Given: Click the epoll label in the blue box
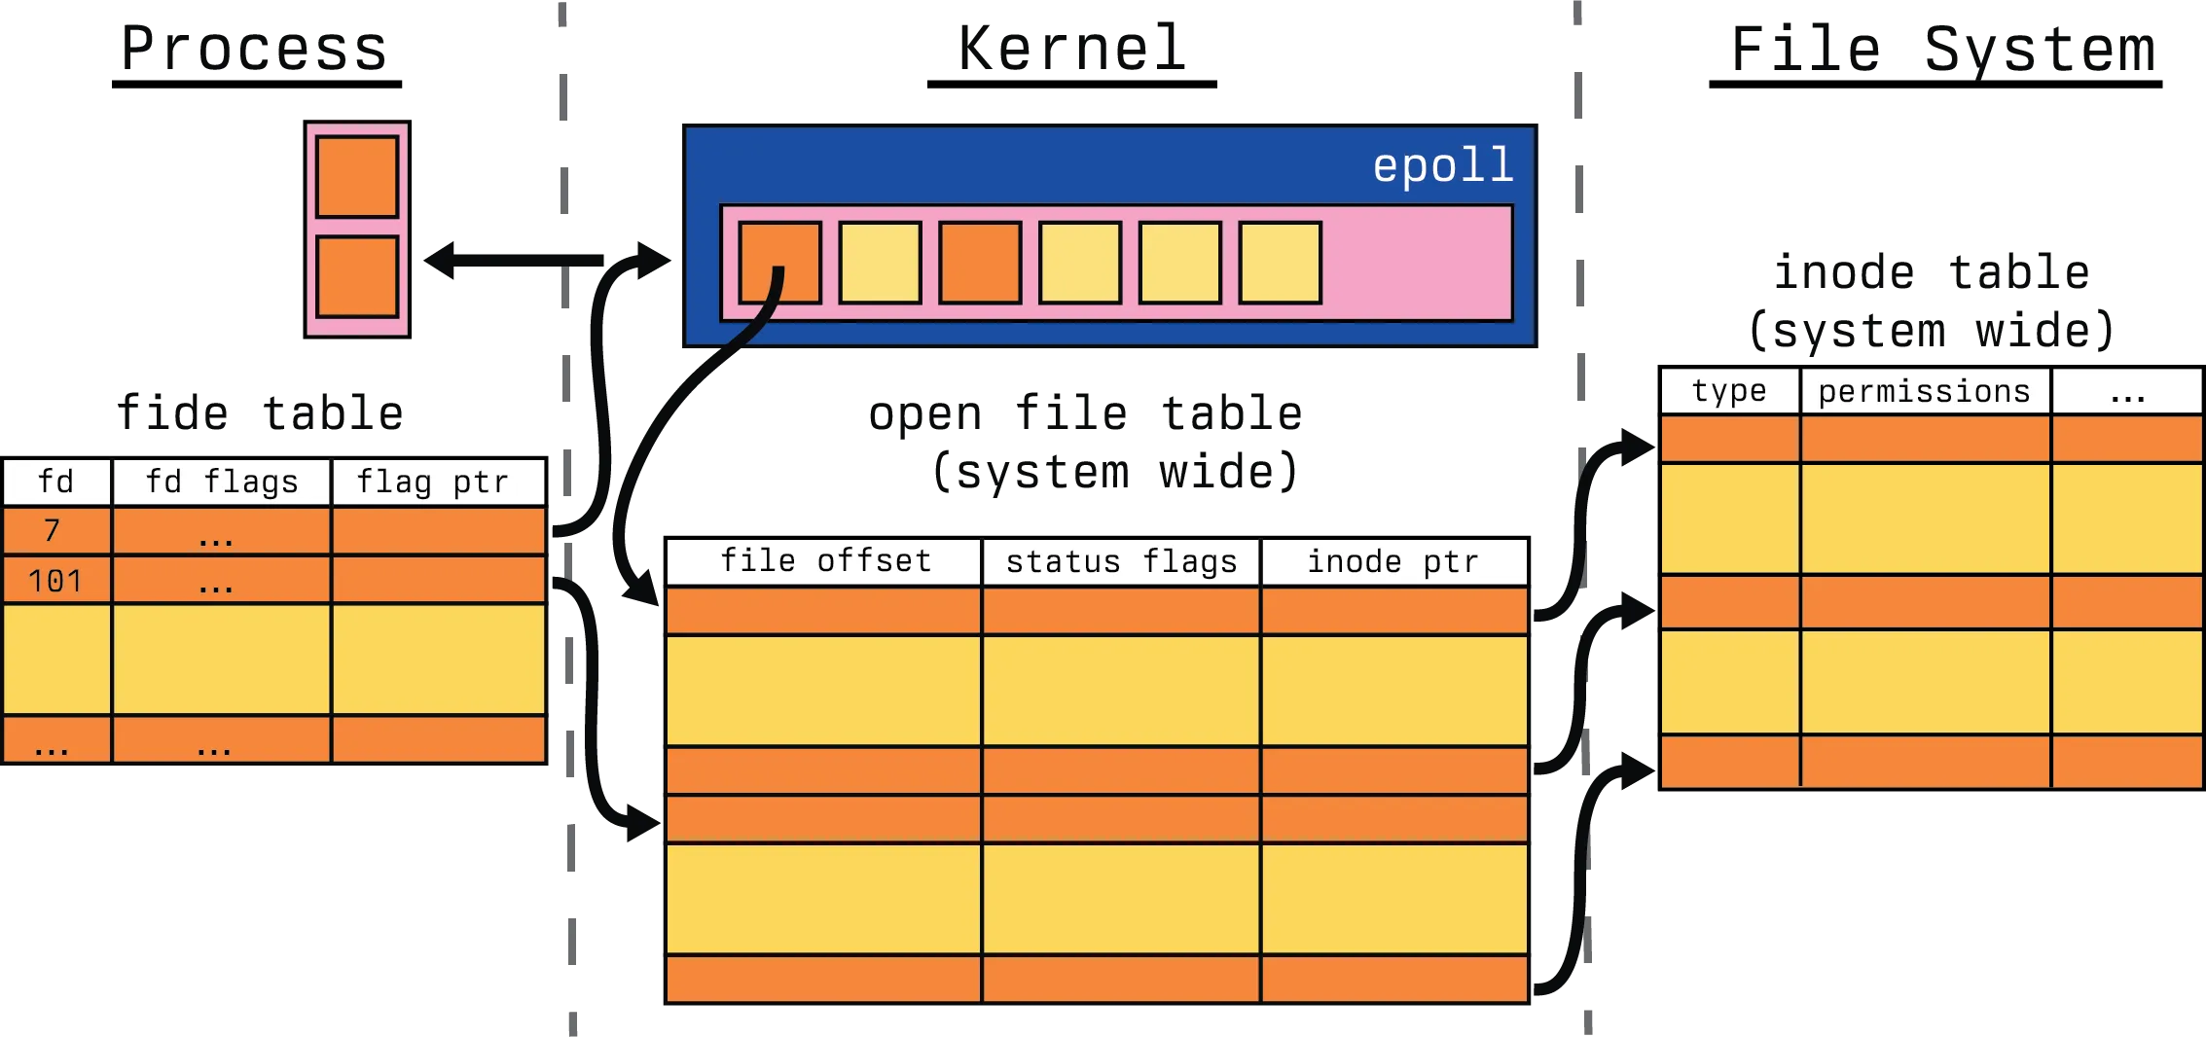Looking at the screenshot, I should pyautogui.click(x=1443, y=165).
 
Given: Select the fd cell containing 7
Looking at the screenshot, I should pyautogui.click(x=55, y=531).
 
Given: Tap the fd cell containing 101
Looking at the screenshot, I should pyautogui.click(x=55, y=581).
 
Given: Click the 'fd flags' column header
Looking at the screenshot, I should pyautogui.click(x=222, y=482).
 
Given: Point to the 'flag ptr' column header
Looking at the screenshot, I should pyautogui.click(x=433, y=482).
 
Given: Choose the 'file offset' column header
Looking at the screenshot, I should pyautogui.click(x=825, y=561).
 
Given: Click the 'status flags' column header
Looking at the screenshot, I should pyautogui.click(x=1121, y=561).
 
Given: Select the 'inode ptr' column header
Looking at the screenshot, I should pyautogui.click(x=1393, y=561).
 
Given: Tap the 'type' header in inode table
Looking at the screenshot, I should pyautogui.click(x=1729, y=391).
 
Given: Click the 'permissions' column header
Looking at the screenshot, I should pyautogui.click(x=1925, y=391).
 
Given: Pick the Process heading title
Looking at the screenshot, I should pyautogui.click(x=256, y=48).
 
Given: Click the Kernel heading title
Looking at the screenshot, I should pyautogui.click(x=1073, y=46).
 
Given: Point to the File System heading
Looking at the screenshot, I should pyautogui.click(x=1940, y=49).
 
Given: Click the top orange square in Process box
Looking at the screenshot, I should pyautogui.click(x=357, y=176).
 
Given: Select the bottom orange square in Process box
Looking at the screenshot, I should pyautogui.click(x=357, y=276).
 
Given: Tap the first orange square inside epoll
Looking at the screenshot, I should pyautogui.click(x=779, y=263).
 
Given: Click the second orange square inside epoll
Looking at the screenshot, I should pyautogui.click(x=980, y=263).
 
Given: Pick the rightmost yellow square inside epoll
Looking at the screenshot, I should pyautogui.click(x=1280, y=263).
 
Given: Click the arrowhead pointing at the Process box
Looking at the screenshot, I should pyautogui.click(x=440, y=260).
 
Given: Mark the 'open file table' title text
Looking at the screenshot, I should pyautogui.click(x=1085, y=414).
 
